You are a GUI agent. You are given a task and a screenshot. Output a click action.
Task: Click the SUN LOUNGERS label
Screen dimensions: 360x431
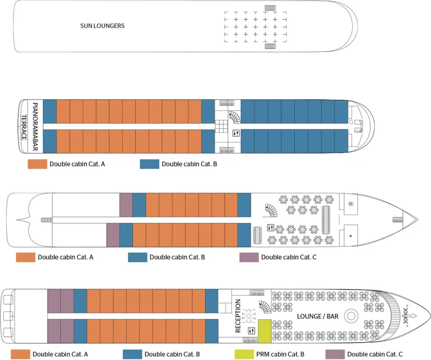102,26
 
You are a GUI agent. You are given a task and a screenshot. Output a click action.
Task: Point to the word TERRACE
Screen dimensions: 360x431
24,128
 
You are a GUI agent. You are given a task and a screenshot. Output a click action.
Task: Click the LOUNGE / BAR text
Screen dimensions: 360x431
317,316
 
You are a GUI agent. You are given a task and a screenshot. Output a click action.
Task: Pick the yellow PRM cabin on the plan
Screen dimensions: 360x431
264,330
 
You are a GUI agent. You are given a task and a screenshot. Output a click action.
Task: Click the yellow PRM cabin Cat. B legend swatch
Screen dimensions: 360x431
243,354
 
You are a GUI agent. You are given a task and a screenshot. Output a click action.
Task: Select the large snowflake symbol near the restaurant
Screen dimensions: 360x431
351,204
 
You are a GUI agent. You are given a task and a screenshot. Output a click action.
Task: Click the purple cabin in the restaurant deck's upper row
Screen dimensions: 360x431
126,204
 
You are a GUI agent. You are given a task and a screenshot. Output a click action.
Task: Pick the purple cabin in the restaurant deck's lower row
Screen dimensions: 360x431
113,235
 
